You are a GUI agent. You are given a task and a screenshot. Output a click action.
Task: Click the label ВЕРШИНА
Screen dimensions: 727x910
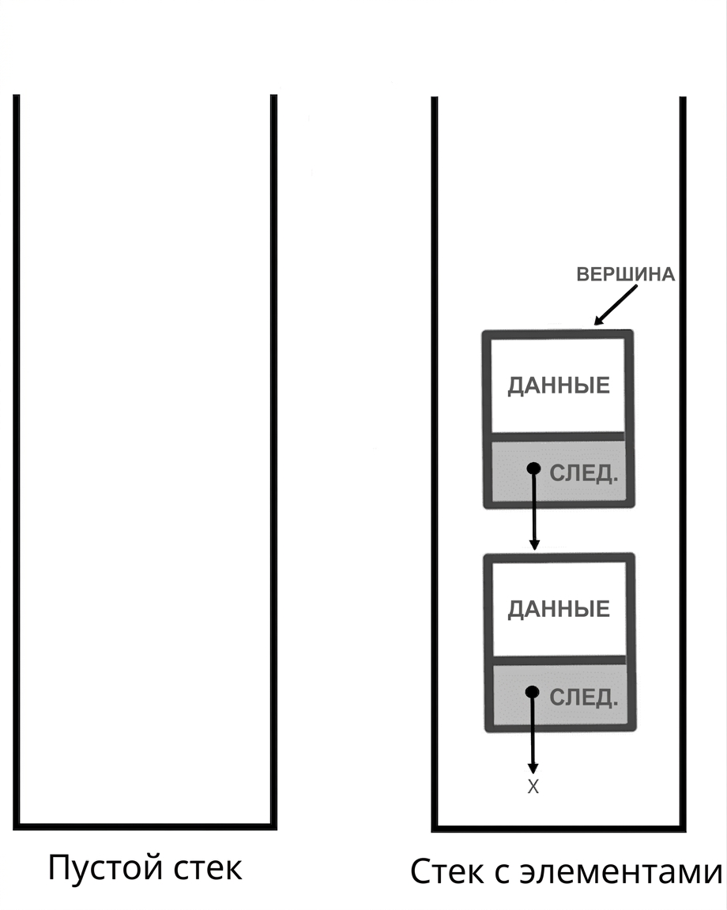(x=625, y=274)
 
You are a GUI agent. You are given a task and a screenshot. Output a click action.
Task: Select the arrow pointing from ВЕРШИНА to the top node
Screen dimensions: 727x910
(x=616, y=305)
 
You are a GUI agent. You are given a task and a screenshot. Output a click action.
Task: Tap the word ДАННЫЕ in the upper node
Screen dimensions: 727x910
(x=559, y=385)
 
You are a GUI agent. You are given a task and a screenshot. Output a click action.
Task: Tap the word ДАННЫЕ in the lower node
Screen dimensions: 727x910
(x=559, y=609)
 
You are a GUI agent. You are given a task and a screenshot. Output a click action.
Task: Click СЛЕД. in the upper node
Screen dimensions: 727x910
(x=583, y=474)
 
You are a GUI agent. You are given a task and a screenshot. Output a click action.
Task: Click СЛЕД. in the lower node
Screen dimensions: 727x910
(x=583, y=697)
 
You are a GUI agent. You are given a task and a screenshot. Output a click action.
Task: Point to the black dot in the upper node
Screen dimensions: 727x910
(x=533, y=468)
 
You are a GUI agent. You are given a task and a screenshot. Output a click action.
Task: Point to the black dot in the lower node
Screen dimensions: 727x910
(x=532, y=692)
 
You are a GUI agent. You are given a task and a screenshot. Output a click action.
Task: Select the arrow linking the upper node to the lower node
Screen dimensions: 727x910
(x=534, y=509)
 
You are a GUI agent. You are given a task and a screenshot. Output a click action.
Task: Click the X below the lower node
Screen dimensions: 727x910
(x=533, y=787)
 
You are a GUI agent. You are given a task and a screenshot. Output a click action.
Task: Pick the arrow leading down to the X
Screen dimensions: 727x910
(x=533, y=733)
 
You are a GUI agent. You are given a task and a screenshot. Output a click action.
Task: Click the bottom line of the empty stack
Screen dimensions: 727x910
(x=145, y=825)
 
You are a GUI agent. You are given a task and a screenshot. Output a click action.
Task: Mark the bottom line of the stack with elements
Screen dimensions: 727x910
(x=559, y=828)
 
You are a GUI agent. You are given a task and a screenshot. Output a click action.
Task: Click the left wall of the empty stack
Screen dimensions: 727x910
(x=17, y=461)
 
